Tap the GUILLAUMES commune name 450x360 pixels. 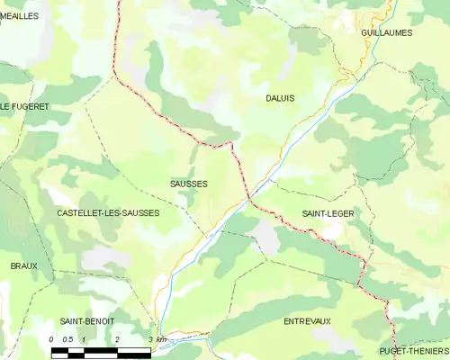click(x=386, y=32)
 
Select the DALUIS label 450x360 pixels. click(x=281, y=97)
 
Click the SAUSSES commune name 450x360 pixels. click(x=189, y=184)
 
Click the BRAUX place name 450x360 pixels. click(x=24, y=266)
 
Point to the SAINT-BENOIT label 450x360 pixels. click(x=85, y=321)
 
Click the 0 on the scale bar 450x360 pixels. click(x=51, y=339)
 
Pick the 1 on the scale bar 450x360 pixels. click(x=84, y=339)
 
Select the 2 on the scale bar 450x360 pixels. click(x=117, y=339)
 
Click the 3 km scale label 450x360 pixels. click(x=157, y=339)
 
